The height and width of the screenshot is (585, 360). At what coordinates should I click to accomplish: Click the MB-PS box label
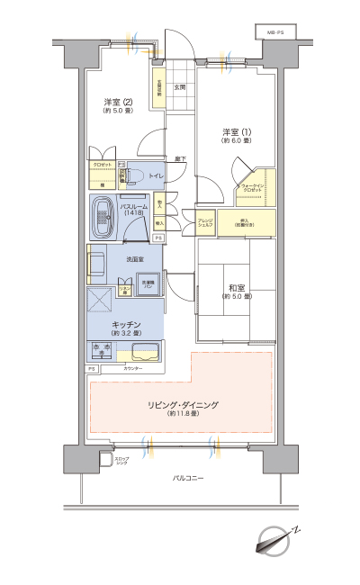tap(274, 33)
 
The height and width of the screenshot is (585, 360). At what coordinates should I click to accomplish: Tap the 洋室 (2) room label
tap(118, 104)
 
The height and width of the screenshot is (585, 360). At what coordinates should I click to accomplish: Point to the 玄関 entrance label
tap(179, 87)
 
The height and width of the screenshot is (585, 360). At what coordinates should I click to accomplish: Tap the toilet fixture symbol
tap(132, 176)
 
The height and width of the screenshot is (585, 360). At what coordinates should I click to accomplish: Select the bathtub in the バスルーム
tap(102, 216)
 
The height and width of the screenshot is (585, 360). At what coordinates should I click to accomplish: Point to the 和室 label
tap(238, 291)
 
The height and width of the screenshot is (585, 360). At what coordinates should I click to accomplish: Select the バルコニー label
tap(188, 477)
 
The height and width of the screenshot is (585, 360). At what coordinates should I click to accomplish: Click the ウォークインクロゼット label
tap(251, 188)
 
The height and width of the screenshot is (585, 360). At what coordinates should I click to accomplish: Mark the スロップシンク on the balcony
tap(104, 461)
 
